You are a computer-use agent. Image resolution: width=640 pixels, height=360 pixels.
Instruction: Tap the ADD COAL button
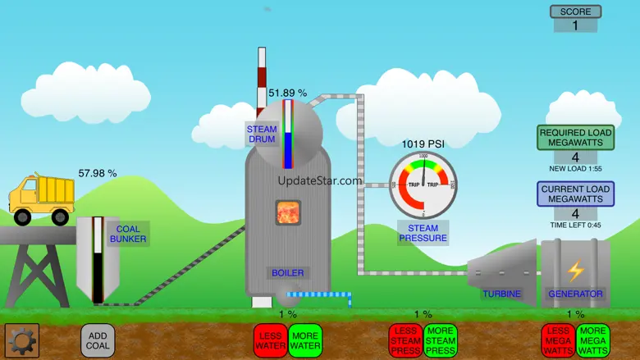coord(98,340)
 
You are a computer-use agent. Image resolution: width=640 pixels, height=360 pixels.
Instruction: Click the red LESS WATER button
coord(270,340)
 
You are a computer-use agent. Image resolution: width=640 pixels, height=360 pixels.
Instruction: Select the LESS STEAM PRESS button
coord(405,340)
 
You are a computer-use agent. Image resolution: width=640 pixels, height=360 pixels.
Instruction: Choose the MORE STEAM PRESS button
coord(440,340)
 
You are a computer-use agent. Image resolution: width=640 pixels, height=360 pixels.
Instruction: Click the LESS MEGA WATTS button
coord(558,340)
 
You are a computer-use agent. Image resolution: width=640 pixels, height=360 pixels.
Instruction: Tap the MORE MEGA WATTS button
coord(592,340)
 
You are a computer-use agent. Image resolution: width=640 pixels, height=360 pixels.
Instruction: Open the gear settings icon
coord(22,340)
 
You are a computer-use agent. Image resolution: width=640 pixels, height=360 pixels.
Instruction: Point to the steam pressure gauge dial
coord(423,185)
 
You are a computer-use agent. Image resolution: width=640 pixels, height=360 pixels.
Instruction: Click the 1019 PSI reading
coord(423,144)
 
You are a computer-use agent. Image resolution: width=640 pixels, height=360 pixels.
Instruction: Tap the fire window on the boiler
coord(288,212)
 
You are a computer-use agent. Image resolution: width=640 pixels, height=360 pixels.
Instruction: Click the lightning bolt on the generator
coord(576,270)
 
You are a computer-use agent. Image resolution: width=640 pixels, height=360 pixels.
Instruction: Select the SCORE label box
coord(575,11)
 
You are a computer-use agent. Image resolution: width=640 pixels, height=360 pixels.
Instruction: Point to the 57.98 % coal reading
coord(98,173)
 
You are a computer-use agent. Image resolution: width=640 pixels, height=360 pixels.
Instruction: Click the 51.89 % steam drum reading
coord(287,93)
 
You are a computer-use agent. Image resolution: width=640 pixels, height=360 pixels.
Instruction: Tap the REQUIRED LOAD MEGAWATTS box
coord(575,138)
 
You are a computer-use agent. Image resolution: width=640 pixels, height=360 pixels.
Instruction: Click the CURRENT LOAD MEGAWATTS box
coord(575,194)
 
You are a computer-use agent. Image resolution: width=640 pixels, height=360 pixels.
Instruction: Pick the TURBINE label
coord(501,294)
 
